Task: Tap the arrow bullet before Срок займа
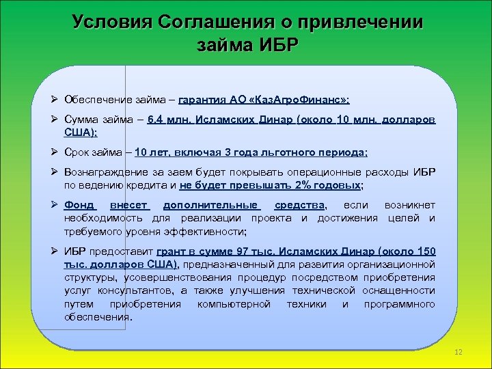click(57, 152)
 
